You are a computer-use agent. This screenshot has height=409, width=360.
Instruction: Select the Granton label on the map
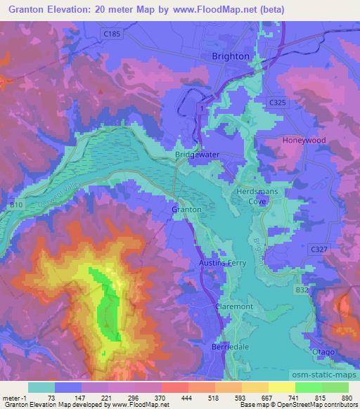[186, 209]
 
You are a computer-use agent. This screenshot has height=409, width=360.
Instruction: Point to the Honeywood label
[304, 141]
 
